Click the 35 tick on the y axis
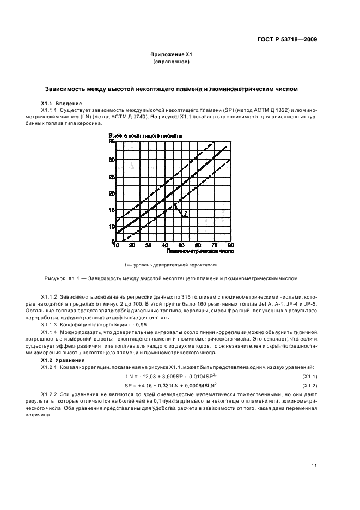(x=112, y=142)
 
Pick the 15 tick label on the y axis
(x=112, y=210)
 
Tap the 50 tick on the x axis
(x=181, y=246)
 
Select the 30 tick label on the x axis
(x=149, y=246)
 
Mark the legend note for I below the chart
(x=171, y=265)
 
